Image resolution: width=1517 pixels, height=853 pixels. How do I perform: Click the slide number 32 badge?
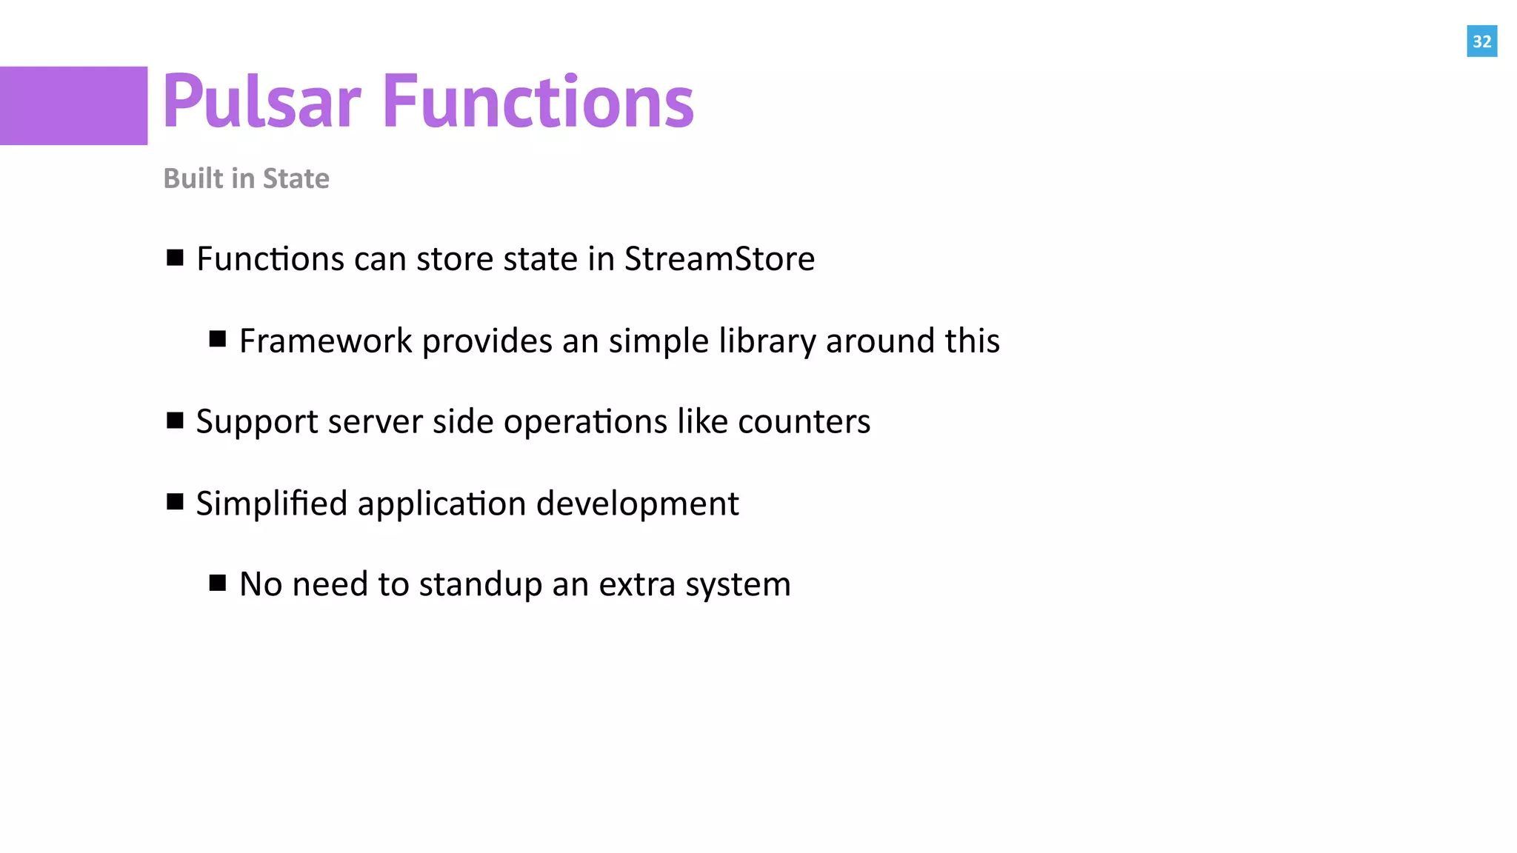point(1481,41)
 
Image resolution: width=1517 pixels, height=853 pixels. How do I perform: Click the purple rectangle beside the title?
point(73,106)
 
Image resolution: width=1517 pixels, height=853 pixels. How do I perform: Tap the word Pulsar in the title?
point(261,101)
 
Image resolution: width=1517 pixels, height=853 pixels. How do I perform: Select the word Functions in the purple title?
point(538,101)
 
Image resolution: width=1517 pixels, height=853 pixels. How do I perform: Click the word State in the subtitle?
point(296,178)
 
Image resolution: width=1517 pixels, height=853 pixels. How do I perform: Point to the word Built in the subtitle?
point(193,178)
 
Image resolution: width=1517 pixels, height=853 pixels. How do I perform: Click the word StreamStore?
point(719,259)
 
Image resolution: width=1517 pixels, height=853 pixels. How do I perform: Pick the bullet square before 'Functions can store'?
point(175,258)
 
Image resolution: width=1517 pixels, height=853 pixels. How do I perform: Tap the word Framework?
point(325,341)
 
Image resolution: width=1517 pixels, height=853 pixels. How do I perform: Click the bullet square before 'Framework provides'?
point(218,339)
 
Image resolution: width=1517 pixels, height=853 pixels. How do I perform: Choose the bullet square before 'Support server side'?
point(175,421)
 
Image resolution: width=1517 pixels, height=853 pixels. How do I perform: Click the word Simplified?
point(271,504)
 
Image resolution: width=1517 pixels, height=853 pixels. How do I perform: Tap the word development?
point(637,504)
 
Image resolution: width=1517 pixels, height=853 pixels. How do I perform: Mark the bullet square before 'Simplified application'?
point(175,502)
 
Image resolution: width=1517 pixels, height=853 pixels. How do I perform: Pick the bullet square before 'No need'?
point(218,583)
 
